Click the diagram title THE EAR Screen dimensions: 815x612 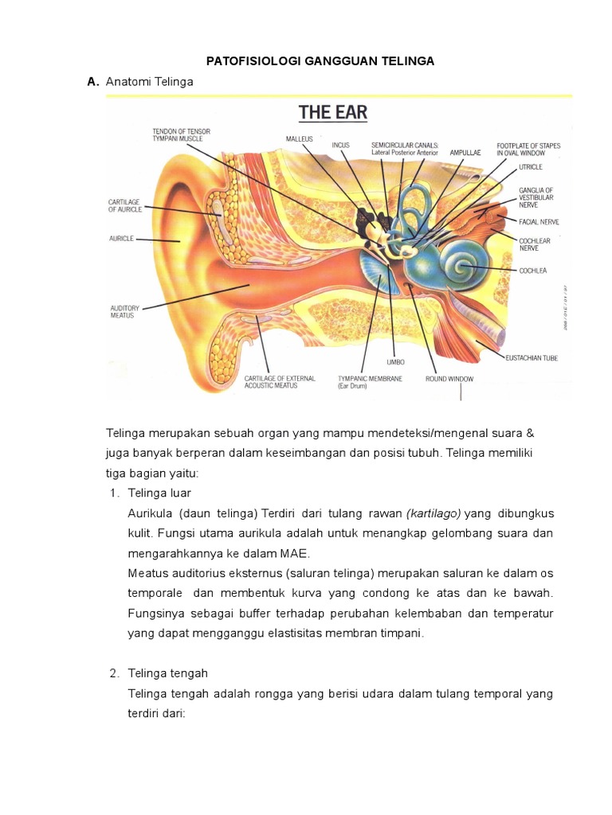point(333,112)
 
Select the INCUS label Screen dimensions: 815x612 point(340,145)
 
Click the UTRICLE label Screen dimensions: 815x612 point(530,168)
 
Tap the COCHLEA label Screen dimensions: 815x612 point(532,271)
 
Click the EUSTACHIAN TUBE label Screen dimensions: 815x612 point(532,358)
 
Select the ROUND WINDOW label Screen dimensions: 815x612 point(449,379)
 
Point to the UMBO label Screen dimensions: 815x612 point(390,363)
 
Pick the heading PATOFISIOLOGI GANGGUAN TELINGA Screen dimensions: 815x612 point(320,61)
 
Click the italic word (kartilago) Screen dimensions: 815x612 point(433,513)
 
